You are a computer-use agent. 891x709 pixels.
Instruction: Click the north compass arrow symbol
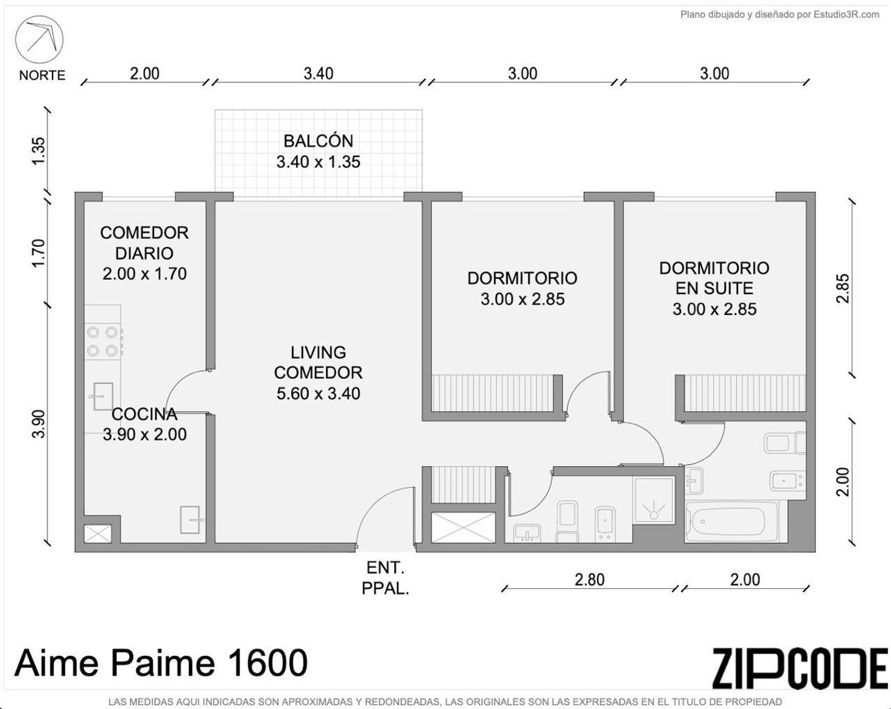[x=39, y=38]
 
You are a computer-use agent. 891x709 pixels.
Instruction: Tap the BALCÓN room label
[x=318, y=141]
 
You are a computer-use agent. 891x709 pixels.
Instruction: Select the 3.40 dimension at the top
[x=318, y=74]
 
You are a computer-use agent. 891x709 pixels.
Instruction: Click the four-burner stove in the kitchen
[x=102, y=341]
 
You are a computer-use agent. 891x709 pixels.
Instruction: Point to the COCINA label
[x=144, y=414]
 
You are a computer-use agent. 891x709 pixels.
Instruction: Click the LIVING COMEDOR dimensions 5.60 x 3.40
[x=318, y=394]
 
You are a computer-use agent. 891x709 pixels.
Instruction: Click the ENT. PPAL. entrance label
[x=385, y=578]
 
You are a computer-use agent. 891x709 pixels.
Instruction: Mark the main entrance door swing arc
[x=384, y=512]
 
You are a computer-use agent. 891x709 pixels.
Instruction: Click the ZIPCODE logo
[x=800, y=668]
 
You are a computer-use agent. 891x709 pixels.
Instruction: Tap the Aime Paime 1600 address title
[x=161, y=662]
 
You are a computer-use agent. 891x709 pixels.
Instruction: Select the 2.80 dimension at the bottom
[x=589, y=580]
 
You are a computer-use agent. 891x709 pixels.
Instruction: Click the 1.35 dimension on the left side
[x=39, y=150]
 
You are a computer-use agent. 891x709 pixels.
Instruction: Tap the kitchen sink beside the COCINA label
[x=102, y=397]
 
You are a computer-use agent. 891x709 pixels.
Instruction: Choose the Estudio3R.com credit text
[x=779, y=14]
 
